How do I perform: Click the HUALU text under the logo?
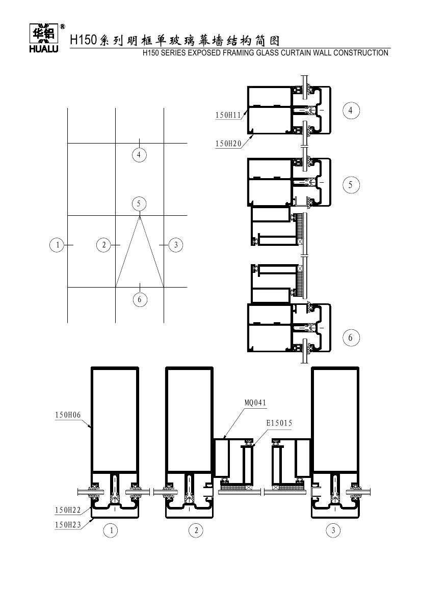point(44,49)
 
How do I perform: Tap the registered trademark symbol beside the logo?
point(62,27)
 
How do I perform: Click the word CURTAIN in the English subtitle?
point(295,53)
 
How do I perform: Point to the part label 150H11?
point(228,115)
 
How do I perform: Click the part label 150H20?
point(228,144)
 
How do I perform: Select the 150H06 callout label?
point(68,415)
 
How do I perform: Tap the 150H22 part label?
point(68,510)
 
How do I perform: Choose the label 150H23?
point(68,524)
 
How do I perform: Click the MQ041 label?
point(255,403)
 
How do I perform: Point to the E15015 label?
point(279,423)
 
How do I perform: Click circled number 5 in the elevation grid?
point(139,204)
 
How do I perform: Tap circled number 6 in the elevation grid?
point(140,299)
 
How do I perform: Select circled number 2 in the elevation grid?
point(104,245)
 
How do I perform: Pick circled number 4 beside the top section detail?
point(350,110)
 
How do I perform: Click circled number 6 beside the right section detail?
point(350,337)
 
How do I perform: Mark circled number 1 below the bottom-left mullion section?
point(111,530)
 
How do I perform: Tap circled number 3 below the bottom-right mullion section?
point(333,530)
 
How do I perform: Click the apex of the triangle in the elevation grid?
point(140,216)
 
